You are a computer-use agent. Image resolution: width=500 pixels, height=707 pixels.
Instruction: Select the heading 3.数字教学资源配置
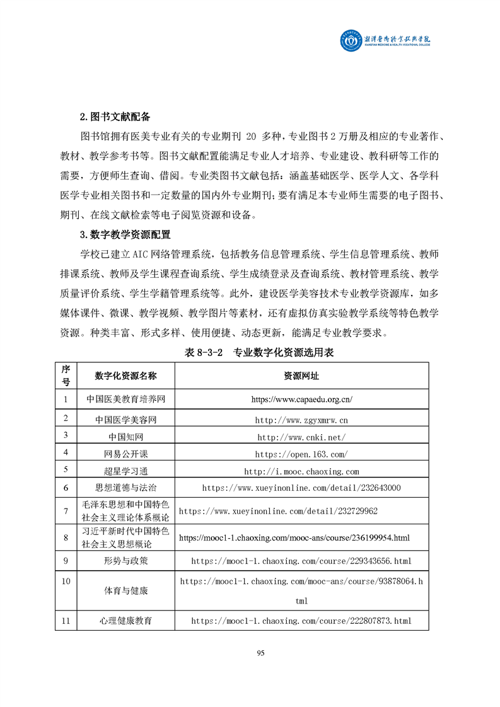pyautogui.click(x=125, y=234)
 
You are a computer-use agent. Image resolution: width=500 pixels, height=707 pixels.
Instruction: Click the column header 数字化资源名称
pyautogui.click(x=125, y=376)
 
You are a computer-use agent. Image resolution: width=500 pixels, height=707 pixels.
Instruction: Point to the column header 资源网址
pyautogui.click(x=301, y=376)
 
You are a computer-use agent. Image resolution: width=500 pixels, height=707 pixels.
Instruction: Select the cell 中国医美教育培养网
pyautogui.click(x=125, y=399)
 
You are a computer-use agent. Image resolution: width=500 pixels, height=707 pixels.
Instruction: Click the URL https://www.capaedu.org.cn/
pyautogui.click(x=301, y=399)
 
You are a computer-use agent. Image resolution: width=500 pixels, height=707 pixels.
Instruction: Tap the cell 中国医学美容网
pyautogui.click(x=125, y=419)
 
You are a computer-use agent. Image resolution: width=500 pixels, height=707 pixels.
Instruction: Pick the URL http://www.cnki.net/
pyautogui.click(x=301, y=437)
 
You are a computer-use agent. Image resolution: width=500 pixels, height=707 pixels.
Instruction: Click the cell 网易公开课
pyautogui.click(x=125, y=454)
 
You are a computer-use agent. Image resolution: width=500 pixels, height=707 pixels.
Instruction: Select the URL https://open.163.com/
pyautogui.click(x=301, y=454)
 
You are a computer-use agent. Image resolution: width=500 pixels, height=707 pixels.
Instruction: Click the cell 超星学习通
pyautogui.click(x=125, y=471)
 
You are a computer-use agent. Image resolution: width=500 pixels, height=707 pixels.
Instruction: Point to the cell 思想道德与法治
pyautogui.click(x=125, y=488)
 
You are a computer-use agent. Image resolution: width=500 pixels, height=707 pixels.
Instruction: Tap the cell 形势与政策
pyautogui.click(x=125, y=560)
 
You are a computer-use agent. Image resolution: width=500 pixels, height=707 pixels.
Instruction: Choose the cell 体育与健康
pyautogui.click(x=125, y=591)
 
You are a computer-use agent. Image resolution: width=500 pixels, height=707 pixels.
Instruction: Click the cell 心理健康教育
pyautogui.click(x=125, y=621)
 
